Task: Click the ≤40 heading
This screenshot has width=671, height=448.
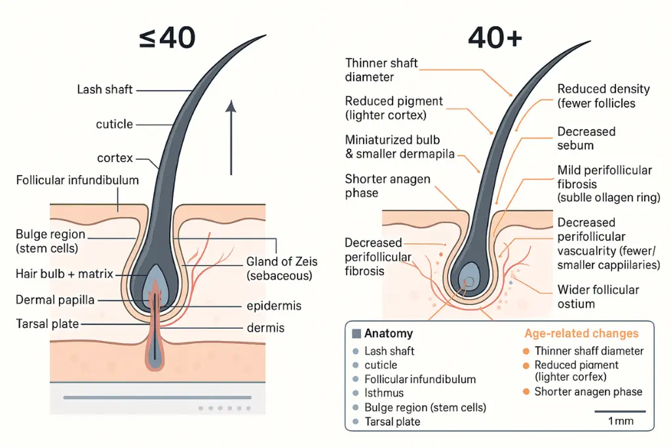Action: click(167, 38)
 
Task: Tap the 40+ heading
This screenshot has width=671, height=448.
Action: click(495, 38)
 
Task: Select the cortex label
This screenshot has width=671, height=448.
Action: click(117, 158)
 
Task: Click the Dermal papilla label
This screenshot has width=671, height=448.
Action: click(55, 300)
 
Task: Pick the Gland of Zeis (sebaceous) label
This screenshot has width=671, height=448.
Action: click(282, 268)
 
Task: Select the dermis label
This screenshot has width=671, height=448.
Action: click(265, 327)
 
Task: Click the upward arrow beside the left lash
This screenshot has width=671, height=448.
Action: click(231, 138)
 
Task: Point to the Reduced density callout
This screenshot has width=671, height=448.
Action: click(603, 96)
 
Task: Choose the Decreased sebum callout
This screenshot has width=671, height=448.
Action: click(586, 138)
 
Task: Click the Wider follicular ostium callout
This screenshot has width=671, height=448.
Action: click(598, 296)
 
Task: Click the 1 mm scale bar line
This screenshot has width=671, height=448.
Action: click(619, 411)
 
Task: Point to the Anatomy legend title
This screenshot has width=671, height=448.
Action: click(388, 334)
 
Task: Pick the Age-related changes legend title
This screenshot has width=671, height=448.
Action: click(581, 334)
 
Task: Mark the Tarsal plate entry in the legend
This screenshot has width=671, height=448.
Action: click(393, 422)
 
